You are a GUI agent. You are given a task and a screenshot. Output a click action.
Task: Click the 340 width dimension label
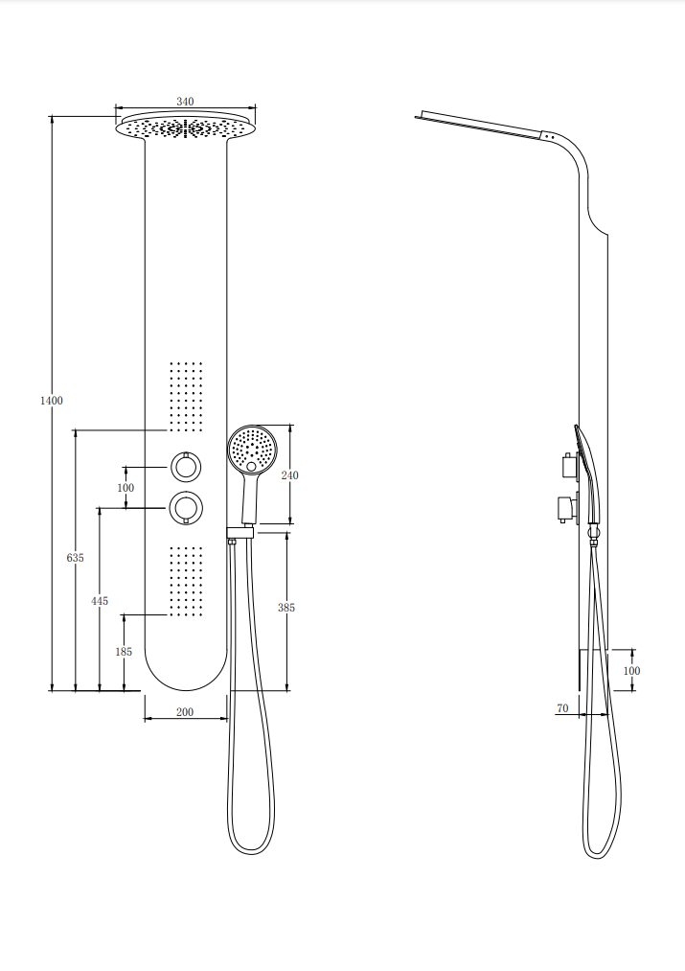[x=185, y=101]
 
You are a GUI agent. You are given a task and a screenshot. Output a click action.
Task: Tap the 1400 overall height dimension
[x=52, y=401]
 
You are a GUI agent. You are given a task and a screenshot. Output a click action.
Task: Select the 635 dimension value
[x=75, y=557]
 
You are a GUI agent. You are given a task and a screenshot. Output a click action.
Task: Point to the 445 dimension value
[x=99, y=601]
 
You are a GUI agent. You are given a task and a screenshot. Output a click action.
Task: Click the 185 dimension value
[x=124, y=652]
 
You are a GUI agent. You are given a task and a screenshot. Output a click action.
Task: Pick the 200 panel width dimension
[x=185, y=712]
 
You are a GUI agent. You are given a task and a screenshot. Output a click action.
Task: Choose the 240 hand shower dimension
[x=289, y=475]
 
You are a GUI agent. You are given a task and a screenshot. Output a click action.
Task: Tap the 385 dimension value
[x=285, y=608]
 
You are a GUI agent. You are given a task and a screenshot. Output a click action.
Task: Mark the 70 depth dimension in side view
[x=562, y=707]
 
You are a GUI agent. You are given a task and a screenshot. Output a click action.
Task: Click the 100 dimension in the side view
[x=631, y=671]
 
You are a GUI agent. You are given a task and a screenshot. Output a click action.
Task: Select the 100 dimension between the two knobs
[x=126, y=487]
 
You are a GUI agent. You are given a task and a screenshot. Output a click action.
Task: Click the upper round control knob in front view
[x=186, y=466]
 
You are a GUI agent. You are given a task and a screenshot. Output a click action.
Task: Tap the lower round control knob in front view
[x=186, y=508]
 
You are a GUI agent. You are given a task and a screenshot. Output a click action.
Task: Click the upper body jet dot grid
[x=186, y=396]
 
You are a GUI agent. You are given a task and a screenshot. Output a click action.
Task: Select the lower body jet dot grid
[x=186, y=581]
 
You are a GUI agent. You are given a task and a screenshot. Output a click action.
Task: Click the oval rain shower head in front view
[x=186, y=127]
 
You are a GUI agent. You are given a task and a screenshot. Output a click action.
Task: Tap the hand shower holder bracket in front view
[x=240, y=532]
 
